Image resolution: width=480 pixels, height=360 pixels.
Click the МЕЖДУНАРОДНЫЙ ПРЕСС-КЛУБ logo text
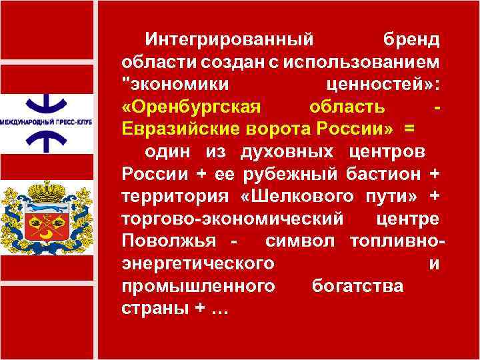46,123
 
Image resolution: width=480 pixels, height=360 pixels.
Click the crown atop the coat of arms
46,193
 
